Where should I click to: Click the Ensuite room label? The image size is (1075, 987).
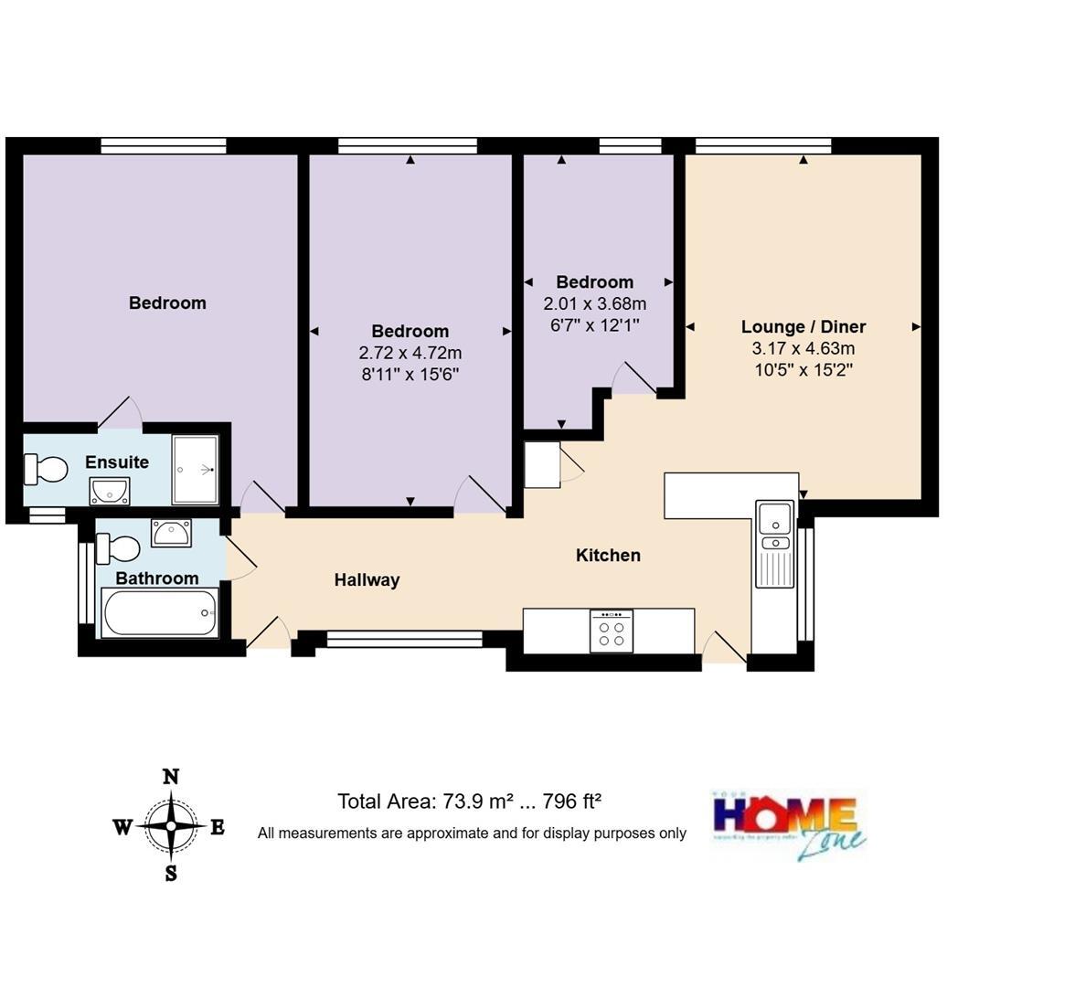point(117,462)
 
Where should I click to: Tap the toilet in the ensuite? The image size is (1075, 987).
point(47,470)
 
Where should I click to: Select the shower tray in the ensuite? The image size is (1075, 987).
point(196,470)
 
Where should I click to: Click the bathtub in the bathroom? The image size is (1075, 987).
point(160,613)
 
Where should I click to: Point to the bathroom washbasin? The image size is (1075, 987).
point(171,532)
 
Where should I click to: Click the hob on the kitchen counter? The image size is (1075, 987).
point(612,631)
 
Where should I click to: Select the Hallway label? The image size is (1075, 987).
point(367,580)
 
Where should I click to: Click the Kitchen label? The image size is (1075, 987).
point(608,556)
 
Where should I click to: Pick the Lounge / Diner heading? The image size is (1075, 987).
point(803,327)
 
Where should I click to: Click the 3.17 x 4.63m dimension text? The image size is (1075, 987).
point(803,348)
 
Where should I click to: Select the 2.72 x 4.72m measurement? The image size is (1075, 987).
point(410,353)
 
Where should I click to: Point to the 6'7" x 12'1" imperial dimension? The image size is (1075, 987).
point(594,324)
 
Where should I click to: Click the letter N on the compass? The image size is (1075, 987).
point(170,778)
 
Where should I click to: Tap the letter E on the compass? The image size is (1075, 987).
point(218,828)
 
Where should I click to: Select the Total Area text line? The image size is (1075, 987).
point(469,801)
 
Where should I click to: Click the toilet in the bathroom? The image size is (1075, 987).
point(118,548)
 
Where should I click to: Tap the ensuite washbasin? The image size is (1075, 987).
point(110,491)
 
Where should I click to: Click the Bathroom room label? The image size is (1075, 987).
point(157,578)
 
